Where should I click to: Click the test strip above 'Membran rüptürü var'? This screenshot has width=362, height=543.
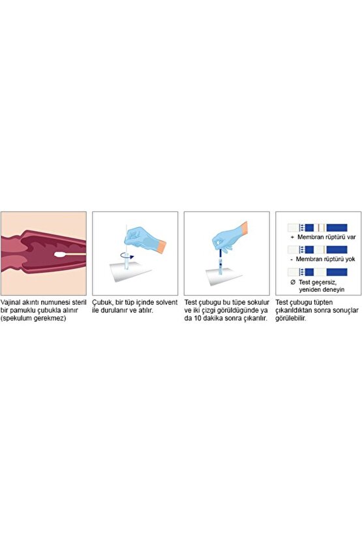coord(317,227)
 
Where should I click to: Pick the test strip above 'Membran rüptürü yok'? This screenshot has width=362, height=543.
coord(317,249)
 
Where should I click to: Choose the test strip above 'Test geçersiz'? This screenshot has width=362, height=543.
coord(317,271)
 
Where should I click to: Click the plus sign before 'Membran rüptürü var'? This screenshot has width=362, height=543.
coord(293,238)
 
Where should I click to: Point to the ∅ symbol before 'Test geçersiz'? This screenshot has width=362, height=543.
coord(292,282)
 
